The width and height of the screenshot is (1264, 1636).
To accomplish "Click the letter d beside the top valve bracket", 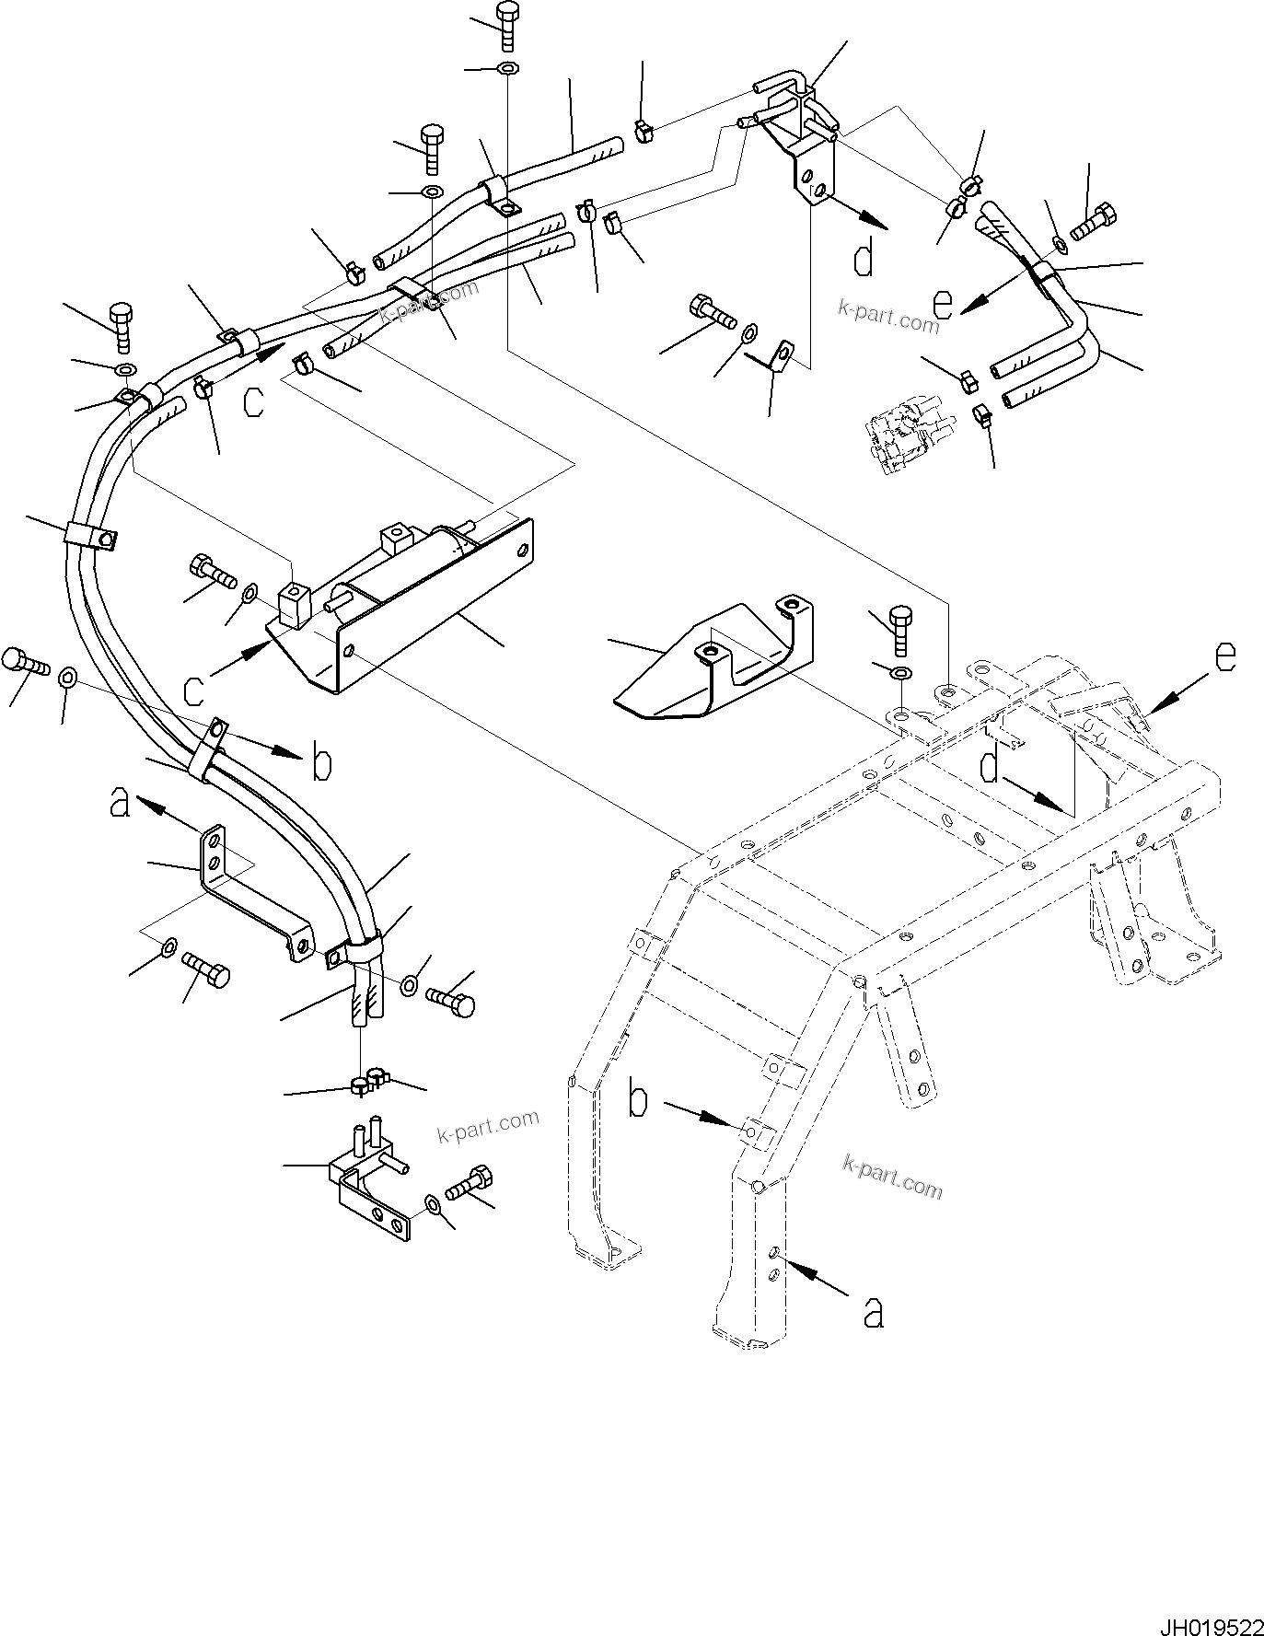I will [x=864, y=259].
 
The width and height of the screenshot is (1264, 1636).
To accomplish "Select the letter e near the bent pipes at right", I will [x=942, y=303].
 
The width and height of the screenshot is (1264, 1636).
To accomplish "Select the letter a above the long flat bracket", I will [x=120, y=801].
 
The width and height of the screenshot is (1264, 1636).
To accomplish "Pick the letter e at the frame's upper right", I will [x=1224, y=656].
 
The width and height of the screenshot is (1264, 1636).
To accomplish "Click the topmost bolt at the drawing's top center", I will [x=507, y=25].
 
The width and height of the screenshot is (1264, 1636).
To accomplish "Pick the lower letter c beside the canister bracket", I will [x=193, y=689].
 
